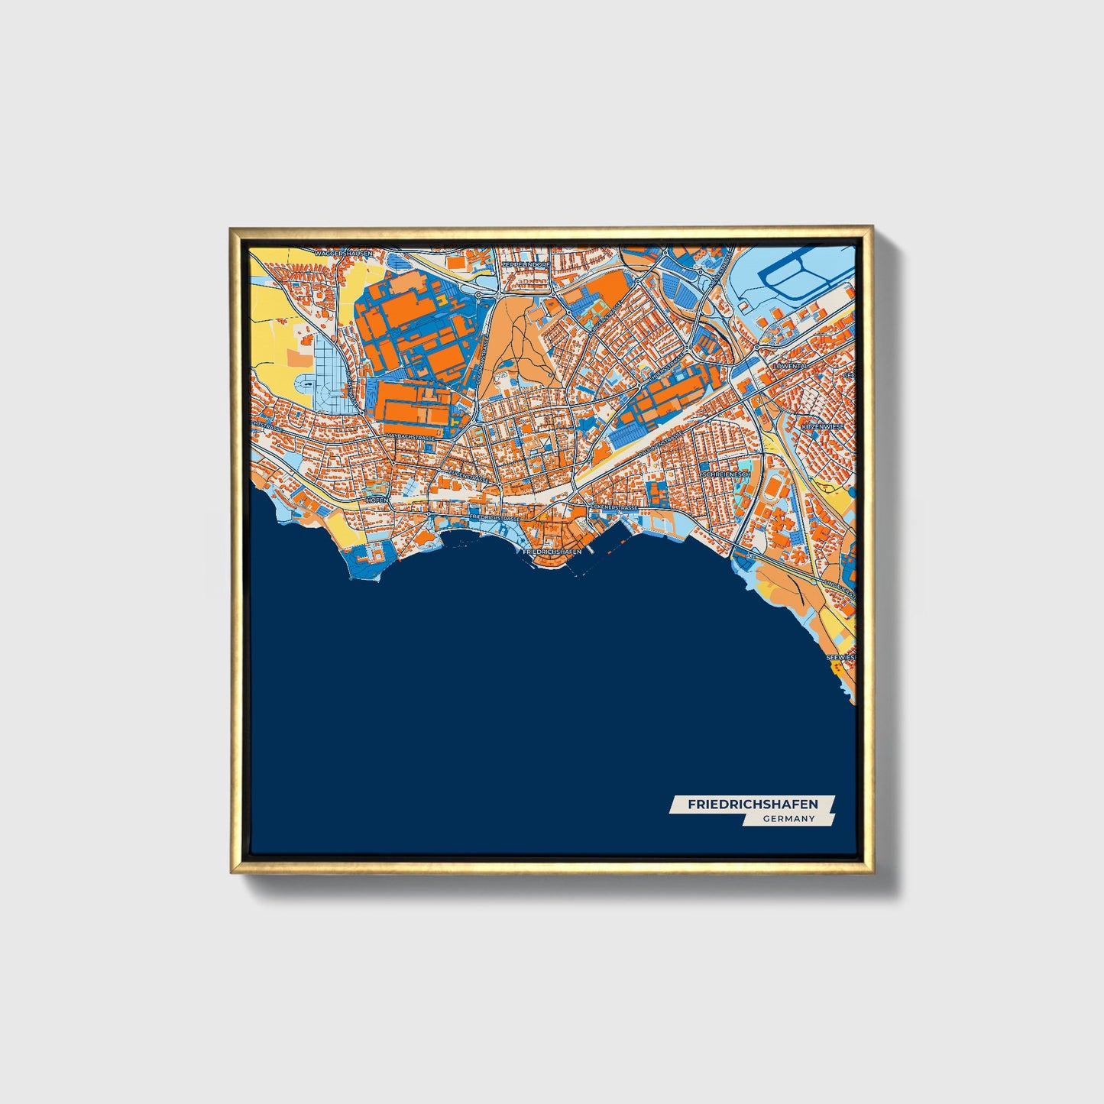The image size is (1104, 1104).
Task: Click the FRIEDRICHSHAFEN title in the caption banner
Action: tap(753, 805)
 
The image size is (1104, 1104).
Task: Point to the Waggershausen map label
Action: tap(342, 252)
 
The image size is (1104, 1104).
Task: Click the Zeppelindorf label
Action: tap(525, 264)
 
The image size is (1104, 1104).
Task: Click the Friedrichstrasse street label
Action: tap(497, 517)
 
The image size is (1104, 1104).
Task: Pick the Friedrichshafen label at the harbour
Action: tap(552, 551)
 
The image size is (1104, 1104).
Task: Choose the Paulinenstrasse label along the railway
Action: tap(659, 443)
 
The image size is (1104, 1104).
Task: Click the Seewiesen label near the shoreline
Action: tap(841, 656)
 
